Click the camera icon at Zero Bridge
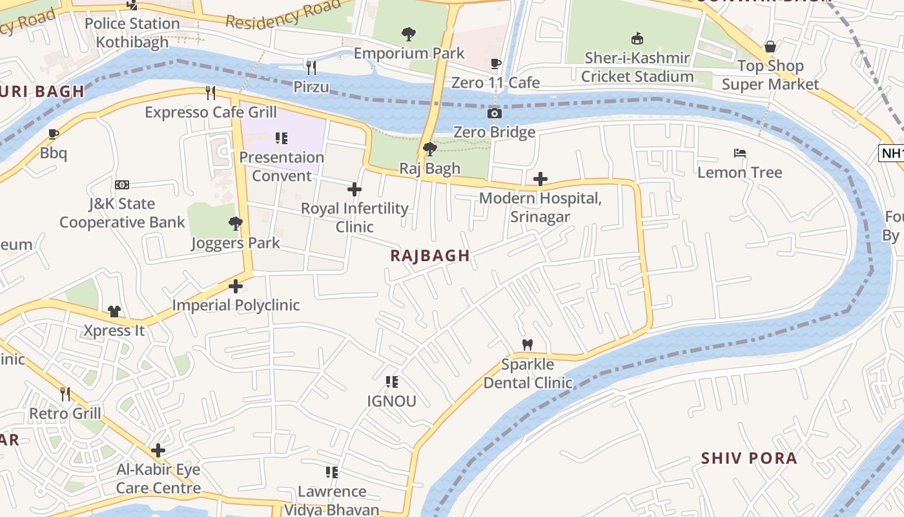pyautogui.click(x=495, y=114)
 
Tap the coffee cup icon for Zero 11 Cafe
pyautogui.click(x=495, y=63)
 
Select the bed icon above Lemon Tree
pyautogui.click(x=740, y=153)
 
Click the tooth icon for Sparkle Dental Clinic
pyautogui.click(x=527, y=345)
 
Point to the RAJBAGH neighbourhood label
pyautogui.click(x=430, y=255)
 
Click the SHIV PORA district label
pyautogui.click(x=749, y=458)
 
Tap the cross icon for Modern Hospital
pyautogui.click(x=540, y=179)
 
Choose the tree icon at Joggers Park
pyautogui.click(x=235, y=224)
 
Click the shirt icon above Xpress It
pyautogui.click(x=114, y=311)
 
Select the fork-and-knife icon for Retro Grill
pyautogui.click(x=65, y=394)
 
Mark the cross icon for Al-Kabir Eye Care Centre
pyautogui.click(x=158, y=450)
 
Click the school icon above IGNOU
pyautogui.click(x=391, y=382)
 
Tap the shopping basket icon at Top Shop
pyautogui.click(x=770, y=47)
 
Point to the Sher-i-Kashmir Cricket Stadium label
pyautogui.click(x=637, y=67)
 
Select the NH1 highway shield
pyautogui.click(x=891, y=153)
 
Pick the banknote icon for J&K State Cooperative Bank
pyautogui.click(x=122, y=185)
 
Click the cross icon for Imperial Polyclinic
pyautogui.click(x=236, y=286)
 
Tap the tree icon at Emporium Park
pyautogui.click(x=408, y=34)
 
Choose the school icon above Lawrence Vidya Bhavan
pyautogui.click(x=332, y=472)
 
